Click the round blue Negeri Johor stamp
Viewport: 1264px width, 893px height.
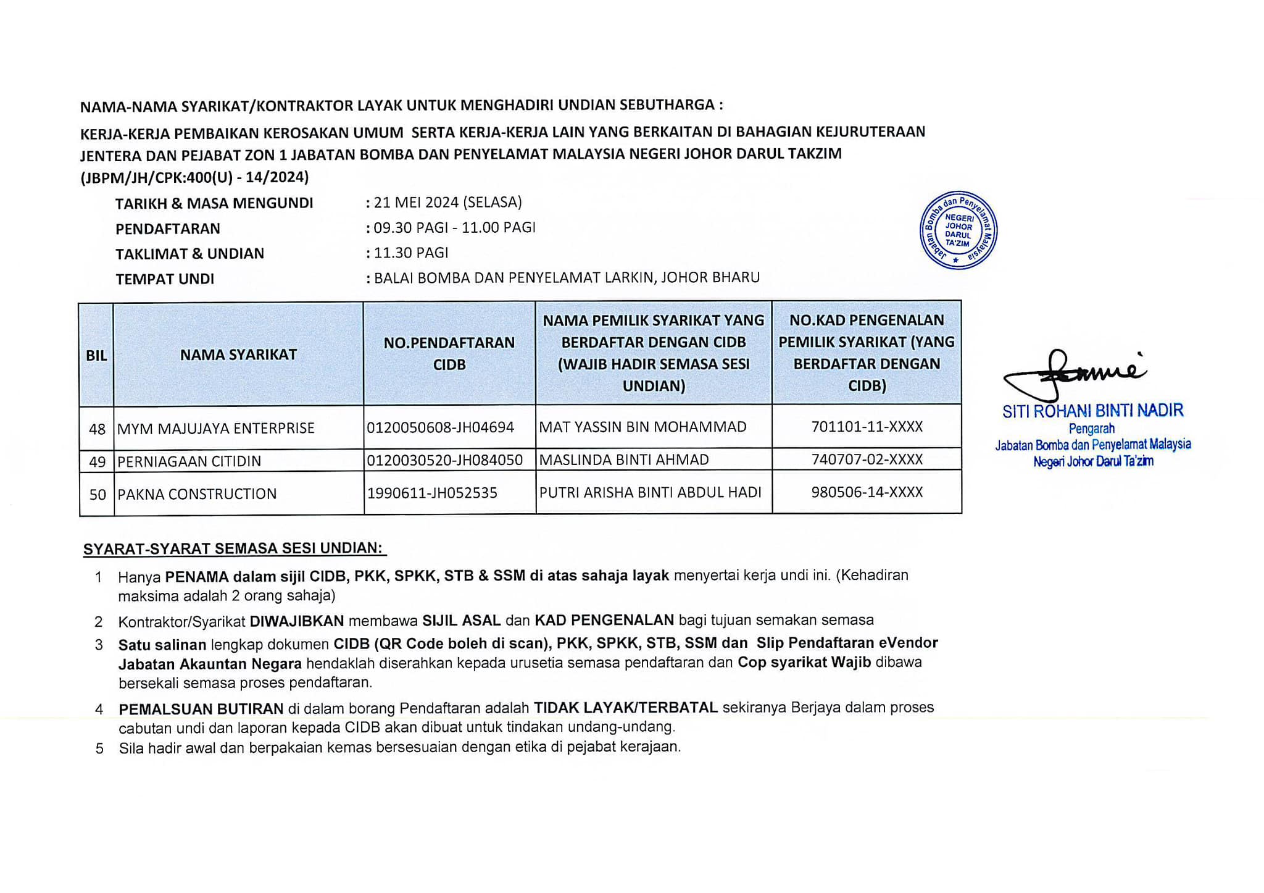[958, 230]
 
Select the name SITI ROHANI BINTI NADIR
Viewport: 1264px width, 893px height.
[1092, 411]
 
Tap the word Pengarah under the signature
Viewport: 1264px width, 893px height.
[1092, 429]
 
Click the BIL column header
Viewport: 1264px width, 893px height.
[96, 356]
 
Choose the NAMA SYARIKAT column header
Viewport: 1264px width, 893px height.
[238, 354]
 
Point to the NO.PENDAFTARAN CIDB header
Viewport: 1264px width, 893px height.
[449, 353]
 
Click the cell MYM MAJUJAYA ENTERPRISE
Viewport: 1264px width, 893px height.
[216, 428]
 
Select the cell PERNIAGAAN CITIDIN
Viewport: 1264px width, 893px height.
[189, 461]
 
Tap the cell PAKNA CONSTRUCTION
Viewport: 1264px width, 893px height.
[197, 494]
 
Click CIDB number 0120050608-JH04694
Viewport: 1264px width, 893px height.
[440, 427]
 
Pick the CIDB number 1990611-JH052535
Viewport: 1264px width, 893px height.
[432, 493]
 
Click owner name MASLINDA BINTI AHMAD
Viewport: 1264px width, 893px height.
[624, 460]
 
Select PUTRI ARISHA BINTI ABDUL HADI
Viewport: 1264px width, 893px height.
[651, 492]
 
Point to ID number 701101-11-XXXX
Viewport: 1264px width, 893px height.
[867, 427]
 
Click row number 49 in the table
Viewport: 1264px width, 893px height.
[98, 461]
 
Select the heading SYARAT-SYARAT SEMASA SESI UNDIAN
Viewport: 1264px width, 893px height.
[233, 548]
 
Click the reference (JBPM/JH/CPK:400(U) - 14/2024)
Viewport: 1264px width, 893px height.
[194, 177]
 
